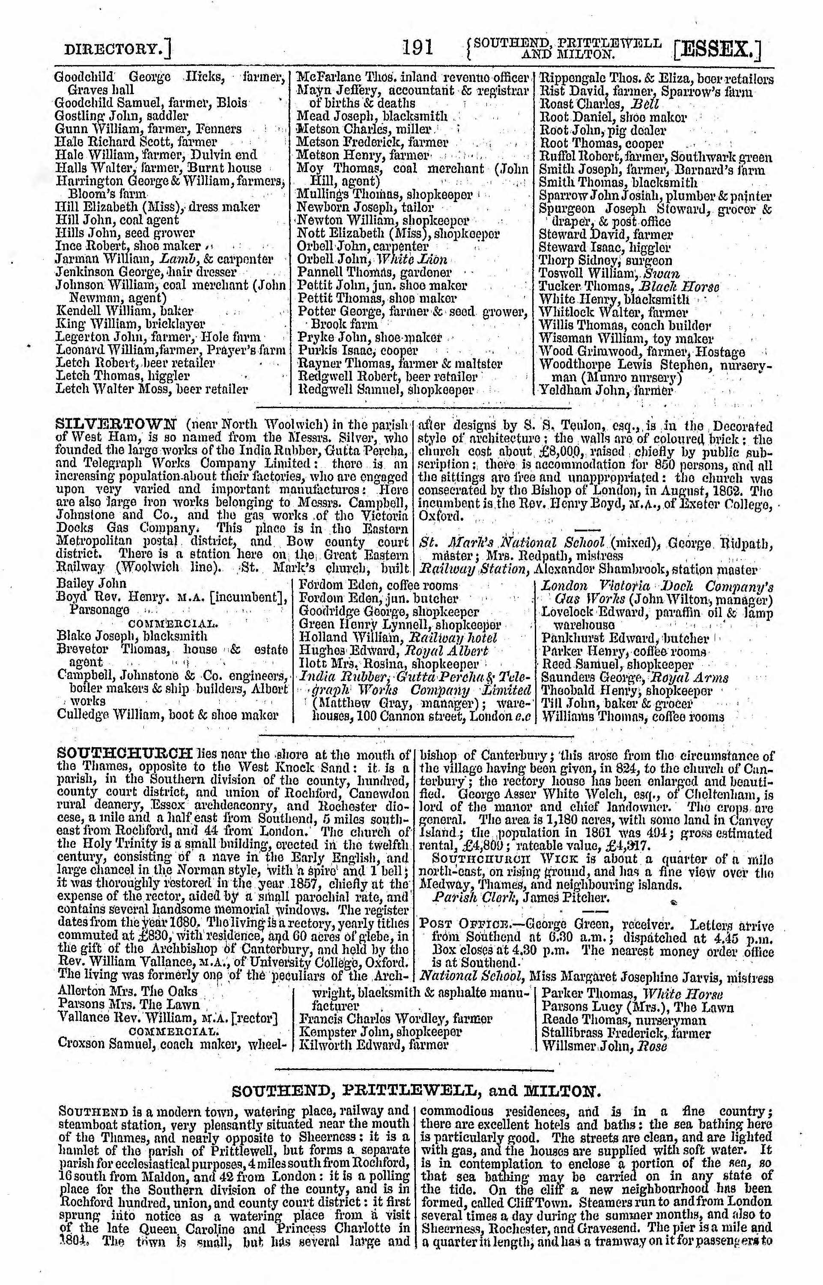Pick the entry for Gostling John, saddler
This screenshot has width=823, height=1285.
point(122,116)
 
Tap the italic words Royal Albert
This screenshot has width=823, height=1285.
point(448,651)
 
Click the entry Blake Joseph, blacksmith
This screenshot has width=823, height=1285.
point(132,636)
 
